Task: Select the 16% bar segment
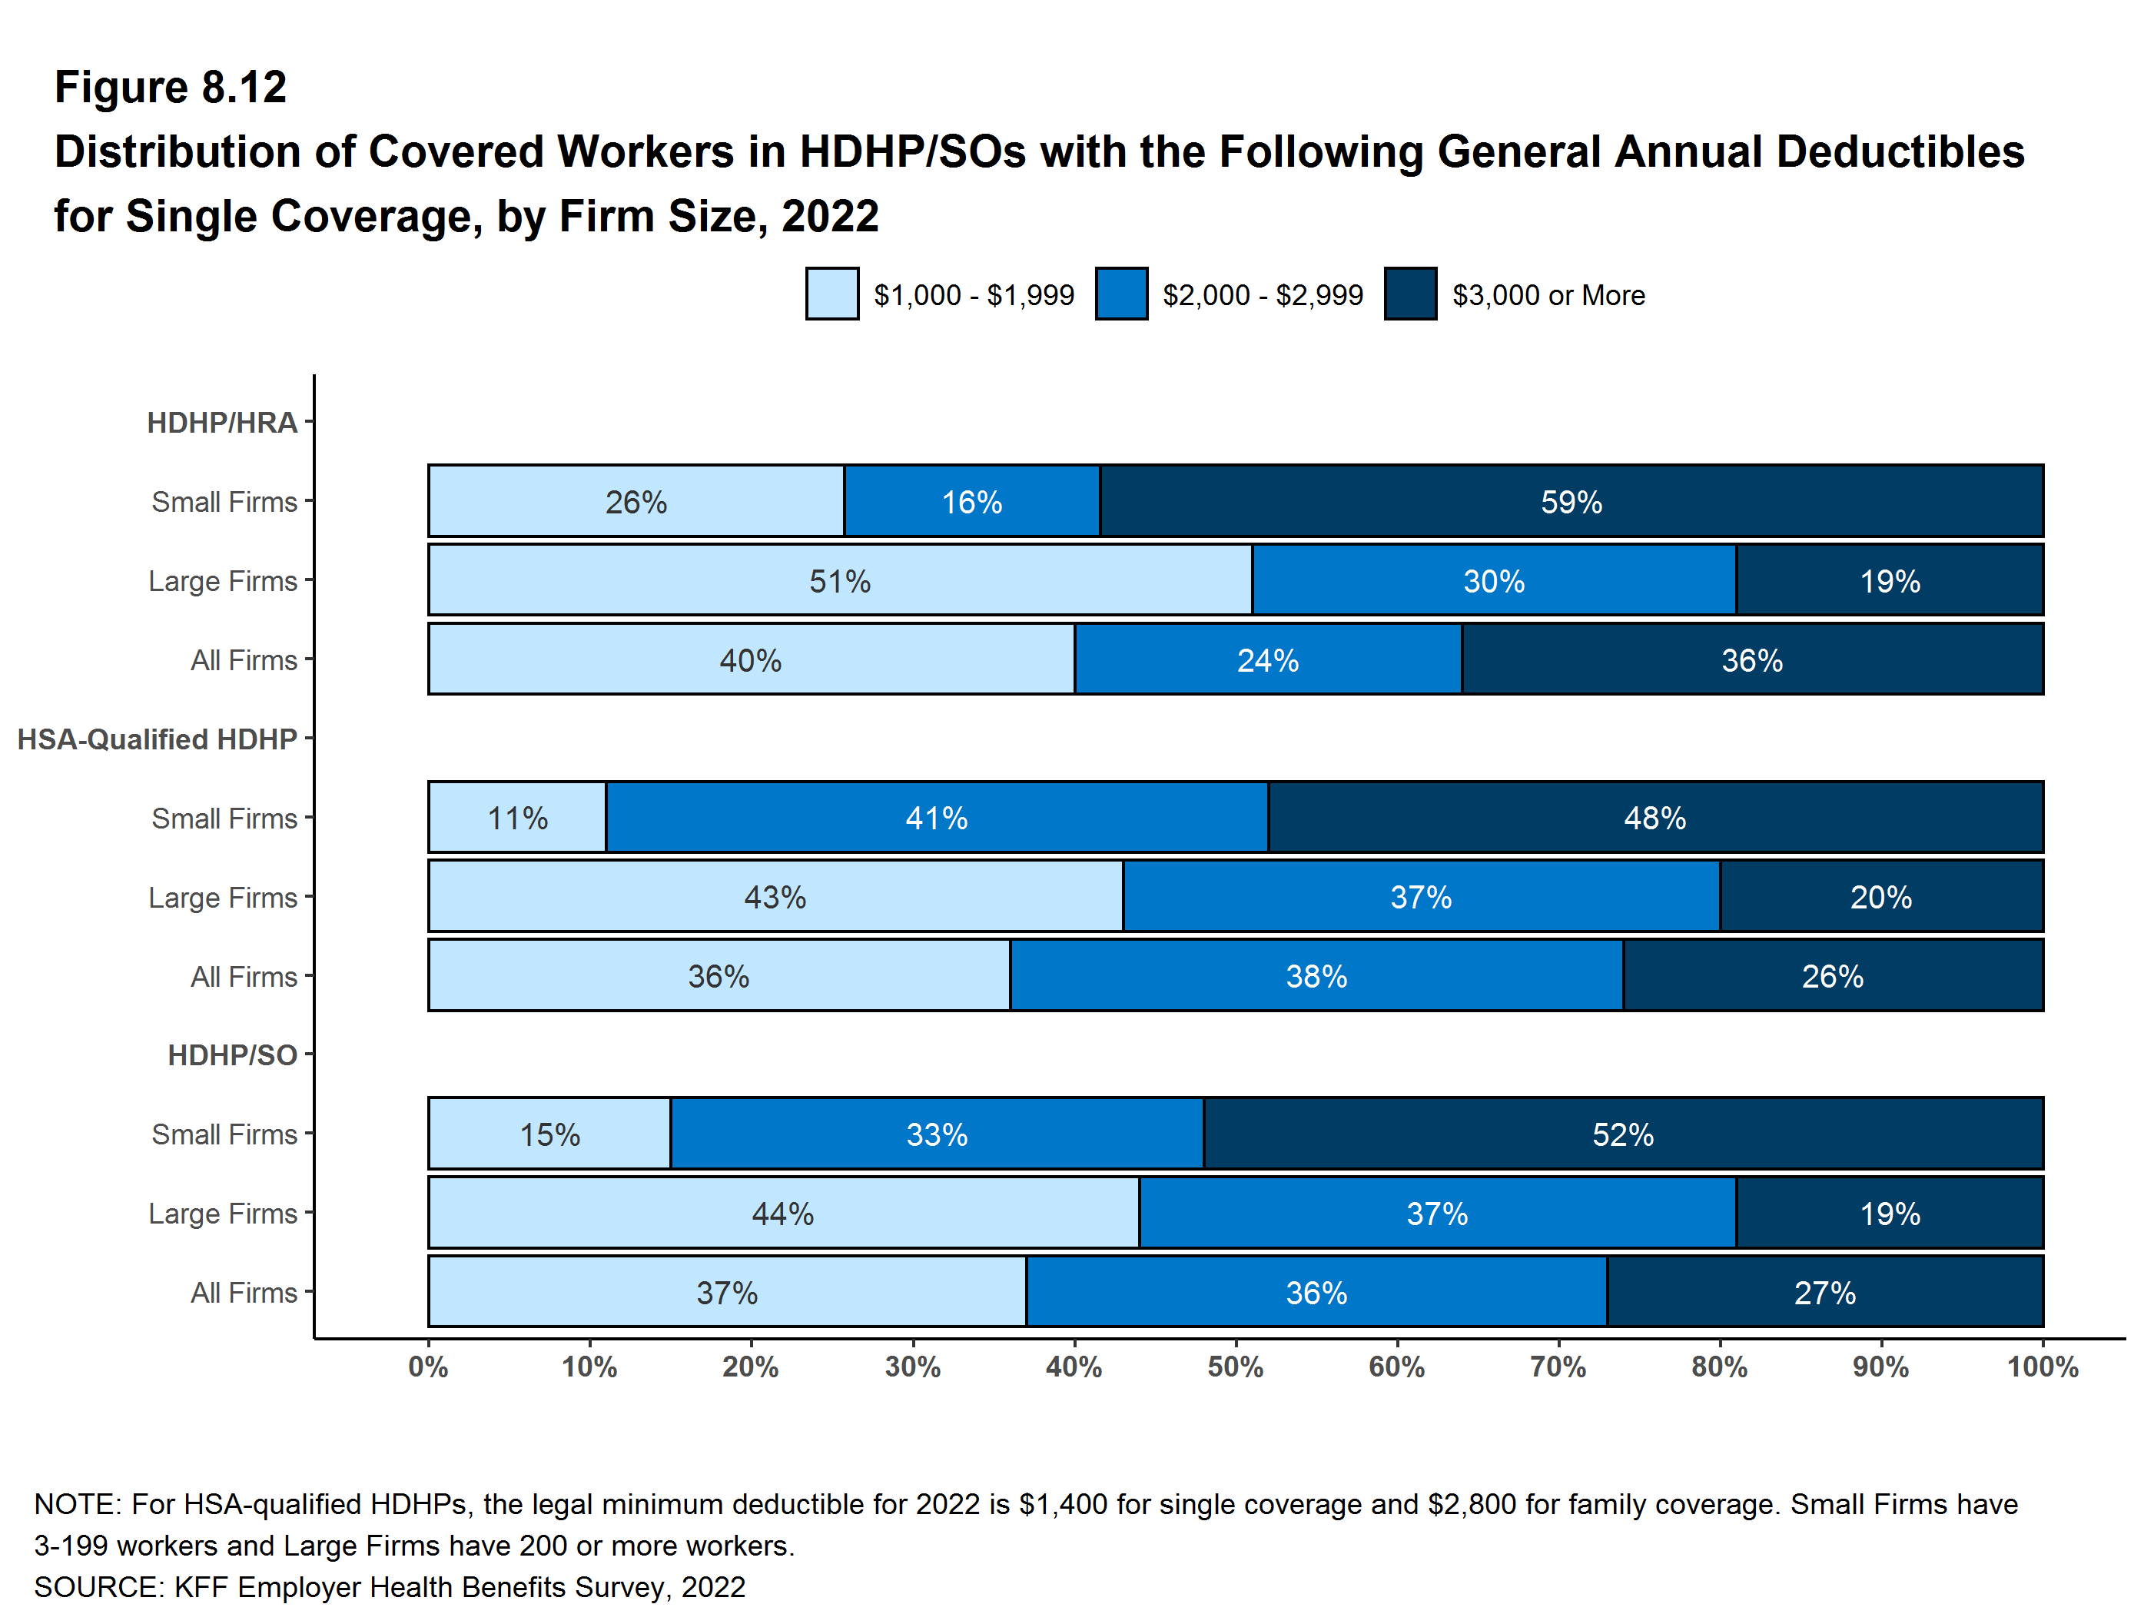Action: coord(971,501)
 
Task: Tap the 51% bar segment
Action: coord(839,580)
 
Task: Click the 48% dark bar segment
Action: coord(1654,817)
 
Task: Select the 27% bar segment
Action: coord(1824,1291)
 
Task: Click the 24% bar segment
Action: coord(1267,659)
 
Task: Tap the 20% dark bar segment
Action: coord(1880,897)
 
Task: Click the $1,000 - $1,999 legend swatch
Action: coord(831,294)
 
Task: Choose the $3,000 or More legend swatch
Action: coord(1409,294)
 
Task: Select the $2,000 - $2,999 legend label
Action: coord(1262,294)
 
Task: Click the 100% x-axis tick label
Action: coord(2041,1367)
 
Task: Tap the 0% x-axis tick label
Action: coord(427,1367)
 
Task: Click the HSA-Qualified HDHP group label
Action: coord(157,739)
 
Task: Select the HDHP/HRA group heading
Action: coord(221,423)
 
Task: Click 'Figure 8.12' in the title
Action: coord(171,88)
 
